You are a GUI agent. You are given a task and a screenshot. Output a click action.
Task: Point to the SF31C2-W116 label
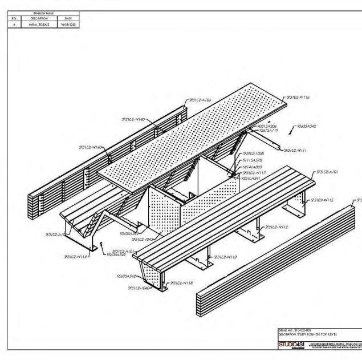pos(299,98)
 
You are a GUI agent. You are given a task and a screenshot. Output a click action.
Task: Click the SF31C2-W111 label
pos(296,151)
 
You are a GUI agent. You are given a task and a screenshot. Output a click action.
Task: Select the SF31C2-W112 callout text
pos(276,226)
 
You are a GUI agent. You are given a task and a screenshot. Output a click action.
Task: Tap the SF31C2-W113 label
pos(225,257)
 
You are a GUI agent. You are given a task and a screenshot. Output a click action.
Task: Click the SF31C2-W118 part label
pos(182,282)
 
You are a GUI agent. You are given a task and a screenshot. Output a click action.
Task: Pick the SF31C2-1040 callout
pos(135,288)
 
